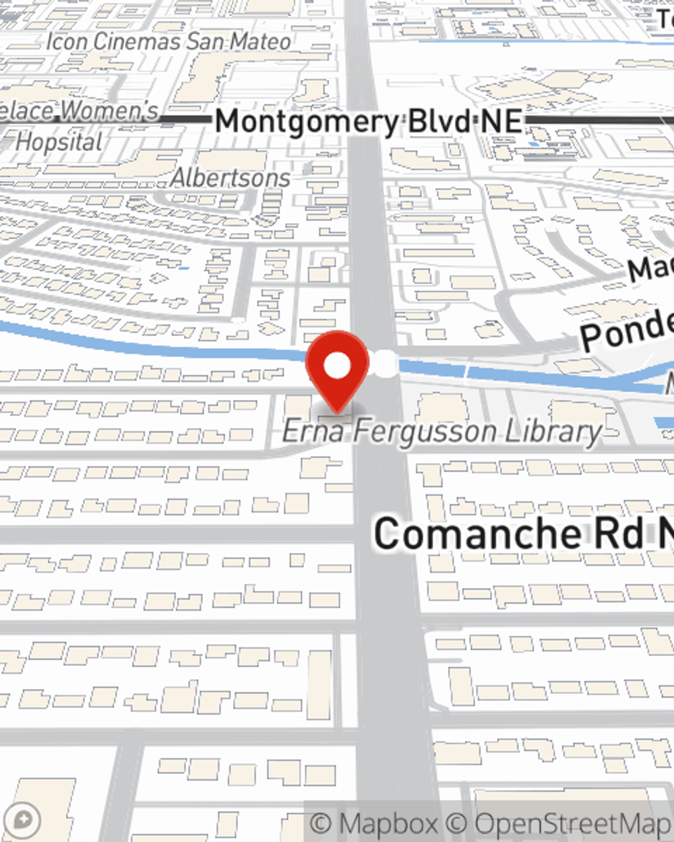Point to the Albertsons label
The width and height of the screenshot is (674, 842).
(231, 178)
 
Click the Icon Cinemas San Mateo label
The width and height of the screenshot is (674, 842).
(168, 42)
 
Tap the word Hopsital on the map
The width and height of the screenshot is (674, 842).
(59, 142)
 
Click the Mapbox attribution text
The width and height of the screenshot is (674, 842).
(374, 823)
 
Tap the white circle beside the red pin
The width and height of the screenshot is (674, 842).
(386, 364)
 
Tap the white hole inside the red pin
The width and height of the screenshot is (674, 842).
(337, 366)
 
